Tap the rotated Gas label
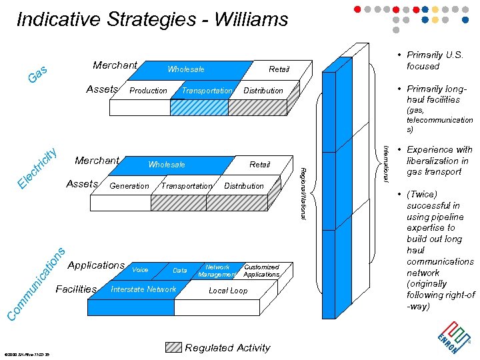point(37,75)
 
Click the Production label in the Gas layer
point(148,91)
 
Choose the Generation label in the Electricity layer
point(129,186)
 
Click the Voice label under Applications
point(140,270)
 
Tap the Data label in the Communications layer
point(179,271)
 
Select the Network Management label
point(217,271)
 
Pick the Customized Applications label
point(261,271)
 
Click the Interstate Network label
point(143,289)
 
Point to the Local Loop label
point(228,291)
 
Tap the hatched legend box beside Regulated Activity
point(173,347)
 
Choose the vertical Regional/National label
point(303,194)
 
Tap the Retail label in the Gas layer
point(279,69)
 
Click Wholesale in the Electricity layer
point(167,165)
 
